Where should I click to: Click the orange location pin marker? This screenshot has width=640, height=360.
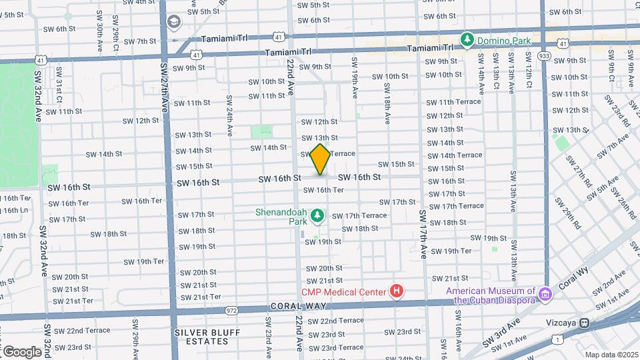(321, 159)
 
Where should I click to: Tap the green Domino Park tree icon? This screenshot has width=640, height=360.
(467, 40)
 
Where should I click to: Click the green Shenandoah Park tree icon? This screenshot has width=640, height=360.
(318, 215)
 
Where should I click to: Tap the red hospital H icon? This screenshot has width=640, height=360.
(397, 291)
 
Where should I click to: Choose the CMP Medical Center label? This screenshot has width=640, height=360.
(344, 291)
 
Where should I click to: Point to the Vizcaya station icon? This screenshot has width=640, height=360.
(583, 323)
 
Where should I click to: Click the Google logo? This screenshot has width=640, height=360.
(21, 351)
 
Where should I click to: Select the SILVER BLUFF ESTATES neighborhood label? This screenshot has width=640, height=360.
(201, 337)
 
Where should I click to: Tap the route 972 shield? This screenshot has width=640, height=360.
(231, 311)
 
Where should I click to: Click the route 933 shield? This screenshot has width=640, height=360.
(545, 56)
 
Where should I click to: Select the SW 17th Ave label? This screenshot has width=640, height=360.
(423, 234)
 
